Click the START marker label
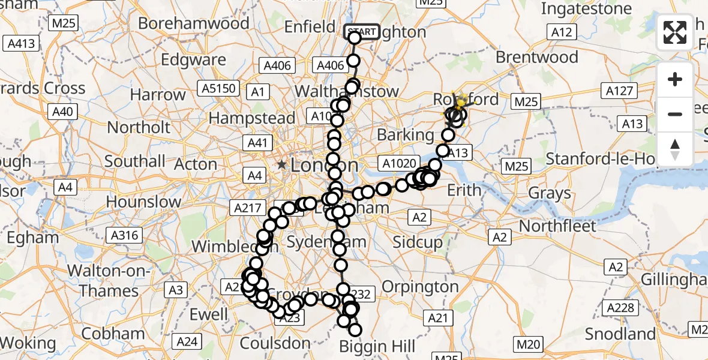[x=362, y=32]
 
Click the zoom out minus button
[x=675, y=114]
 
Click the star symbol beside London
[x=281, y=164]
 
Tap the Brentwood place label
[x=537, y=58]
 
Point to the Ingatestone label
[x=586, y=9]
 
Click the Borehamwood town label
[x=193, y=23]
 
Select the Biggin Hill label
[x=377, y=346]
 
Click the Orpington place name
[x=420, y=287]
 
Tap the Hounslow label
[x=143, y=202]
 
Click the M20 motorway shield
[x=528, y=344]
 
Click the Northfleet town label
[x=557, y=226]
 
